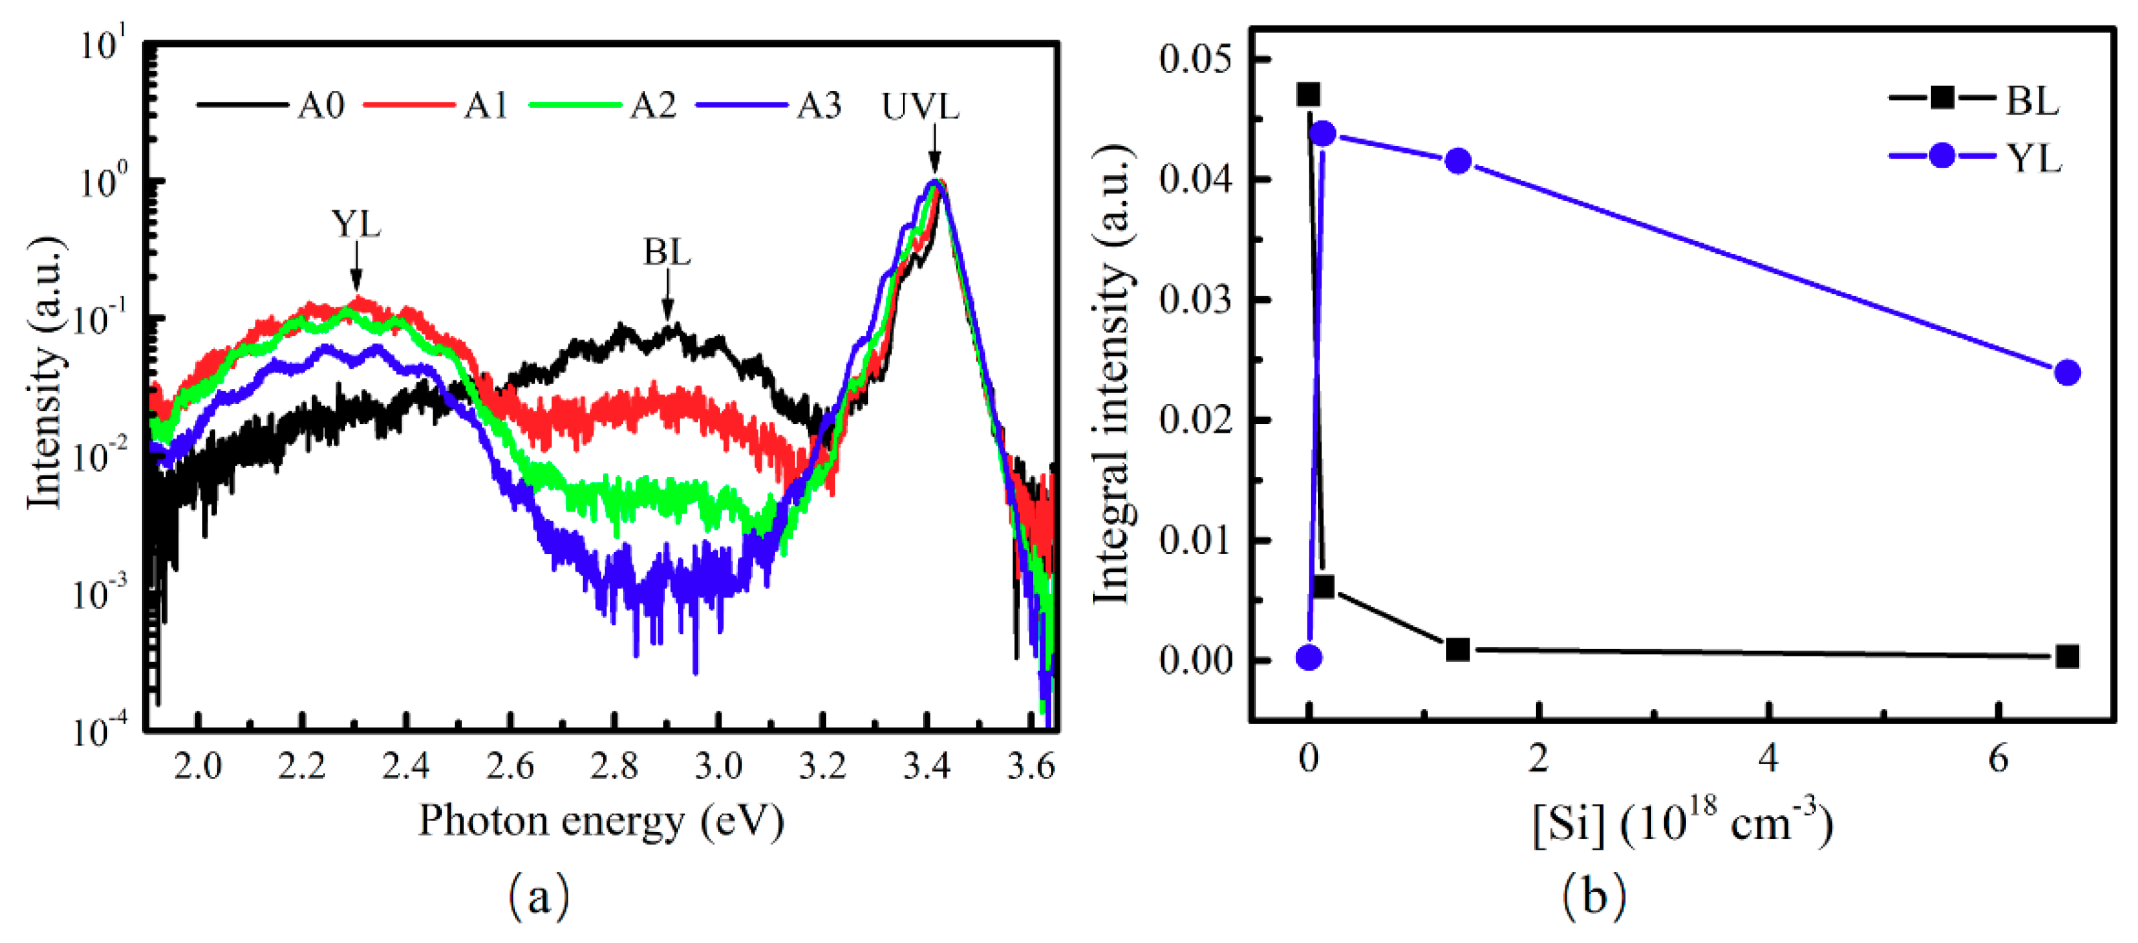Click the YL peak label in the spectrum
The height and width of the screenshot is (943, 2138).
coord(356,224)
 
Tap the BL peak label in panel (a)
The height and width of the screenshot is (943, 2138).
coord(667,252)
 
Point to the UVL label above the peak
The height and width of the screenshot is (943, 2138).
coord(920,107)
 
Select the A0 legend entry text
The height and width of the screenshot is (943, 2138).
coord(320,106)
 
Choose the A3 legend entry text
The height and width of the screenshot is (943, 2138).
coord(818,106)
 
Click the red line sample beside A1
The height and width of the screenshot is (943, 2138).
coord(409,105)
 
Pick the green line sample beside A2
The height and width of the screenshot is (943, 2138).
coord(575,105)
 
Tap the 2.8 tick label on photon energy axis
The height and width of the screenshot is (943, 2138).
coord(614,766)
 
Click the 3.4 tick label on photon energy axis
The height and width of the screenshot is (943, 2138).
coord(926,766)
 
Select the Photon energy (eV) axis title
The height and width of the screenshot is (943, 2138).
coord(601,822)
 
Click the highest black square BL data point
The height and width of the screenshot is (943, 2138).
coord(1309,94)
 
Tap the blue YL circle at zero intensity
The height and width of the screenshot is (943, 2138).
coord(1309,658)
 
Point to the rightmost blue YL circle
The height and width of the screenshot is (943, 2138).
coord(2068,373)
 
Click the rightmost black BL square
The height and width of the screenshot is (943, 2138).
coord(2068,656)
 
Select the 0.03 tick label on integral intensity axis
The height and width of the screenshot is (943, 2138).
coord(1195,299)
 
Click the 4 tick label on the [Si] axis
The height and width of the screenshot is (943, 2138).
coord(1769,759)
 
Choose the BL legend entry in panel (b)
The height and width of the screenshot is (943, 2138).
coord(2032,101)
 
